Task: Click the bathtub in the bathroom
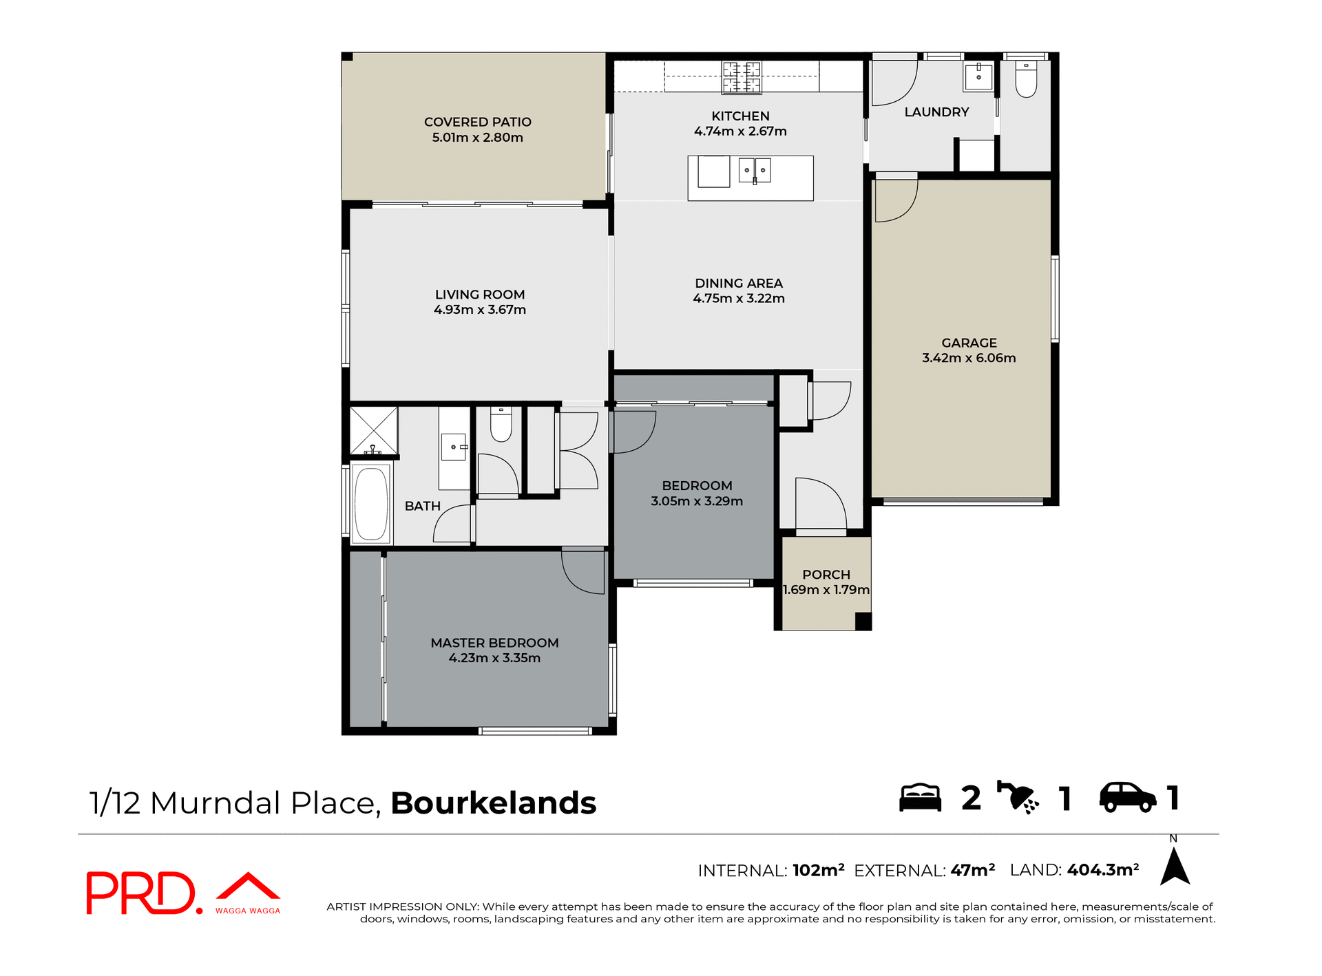(371, 504)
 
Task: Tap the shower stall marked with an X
(373, 431)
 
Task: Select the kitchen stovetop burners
(742, 77)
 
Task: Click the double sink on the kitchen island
(755, 170)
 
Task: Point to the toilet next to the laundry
(1026, 80)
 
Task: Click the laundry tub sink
(978, 76)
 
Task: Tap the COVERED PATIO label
(477, 122)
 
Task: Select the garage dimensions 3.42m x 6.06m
(969, 358)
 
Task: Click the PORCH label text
(826, 574)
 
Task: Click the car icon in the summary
(1127, 798)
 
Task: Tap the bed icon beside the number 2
(920, 798)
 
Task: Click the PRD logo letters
(141, 893)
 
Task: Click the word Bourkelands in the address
(493, 803)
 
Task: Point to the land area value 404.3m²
(1102, 870)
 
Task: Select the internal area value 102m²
(818, 870)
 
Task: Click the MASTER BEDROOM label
(494, 643)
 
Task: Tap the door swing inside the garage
(895, 201)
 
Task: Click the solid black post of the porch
(863, 621)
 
